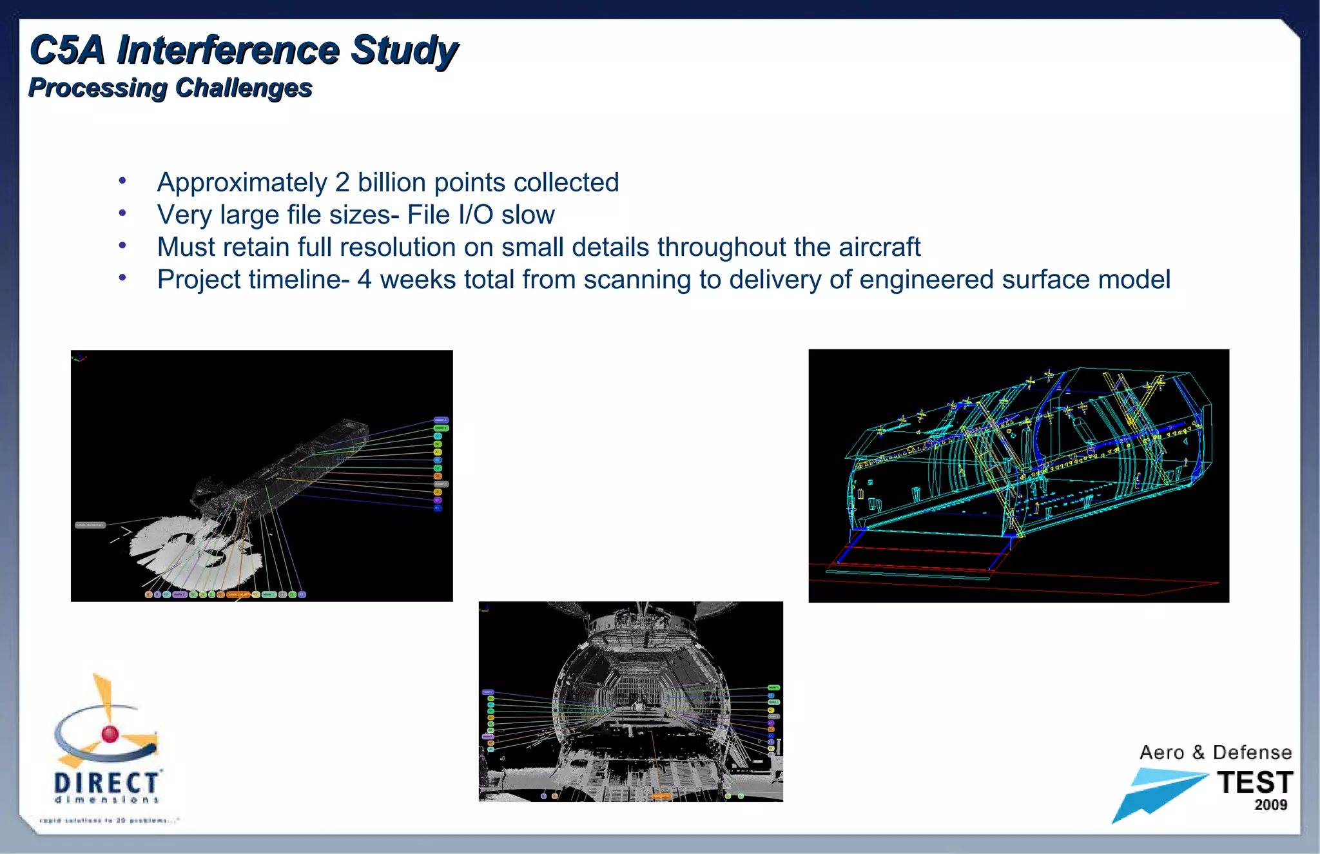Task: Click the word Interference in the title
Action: coord(228,50)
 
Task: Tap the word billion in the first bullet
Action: coord(393,182)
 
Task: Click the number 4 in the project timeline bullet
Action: coord(364,280)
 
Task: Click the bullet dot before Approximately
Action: coord(122,181)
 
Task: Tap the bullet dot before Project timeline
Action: coord(122,278)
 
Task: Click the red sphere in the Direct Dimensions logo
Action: coord(110,733)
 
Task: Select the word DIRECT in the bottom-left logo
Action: coord(106,782)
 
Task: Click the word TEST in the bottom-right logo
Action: coord(1254,782)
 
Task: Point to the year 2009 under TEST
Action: coord(1270,805)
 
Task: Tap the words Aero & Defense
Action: coord(1215,752)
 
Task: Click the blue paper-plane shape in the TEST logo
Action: coord(1154,793)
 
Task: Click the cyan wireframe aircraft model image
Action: coord(1018,476)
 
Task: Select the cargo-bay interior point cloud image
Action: coord(630,701)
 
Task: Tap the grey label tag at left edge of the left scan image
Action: coord(90,525)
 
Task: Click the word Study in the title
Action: coord(404,50)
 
